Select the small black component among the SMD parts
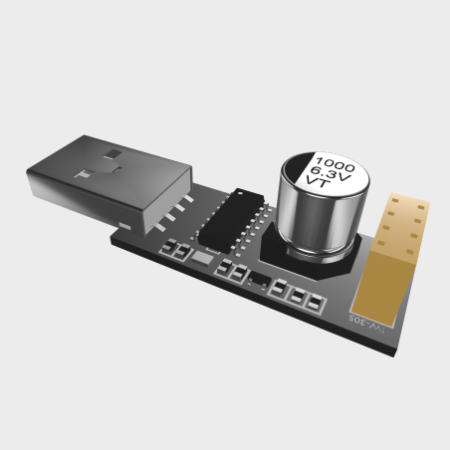coord(258,277)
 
